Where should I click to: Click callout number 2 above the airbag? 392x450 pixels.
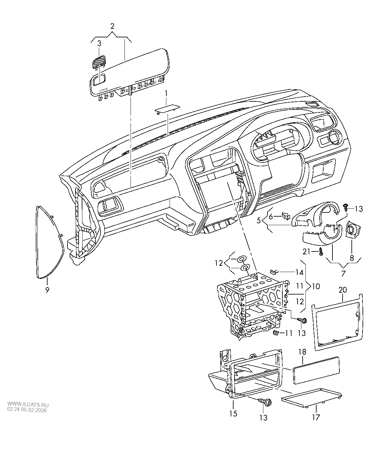112,26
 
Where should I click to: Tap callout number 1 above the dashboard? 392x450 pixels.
166,94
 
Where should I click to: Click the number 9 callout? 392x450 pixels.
47,289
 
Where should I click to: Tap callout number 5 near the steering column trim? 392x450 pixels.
259,220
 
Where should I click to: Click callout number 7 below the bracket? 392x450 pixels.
343,273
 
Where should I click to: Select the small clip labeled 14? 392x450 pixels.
274,271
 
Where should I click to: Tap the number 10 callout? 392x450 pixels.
316,286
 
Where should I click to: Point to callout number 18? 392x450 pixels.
303,352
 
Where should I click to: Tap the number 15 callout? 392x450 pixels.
233,414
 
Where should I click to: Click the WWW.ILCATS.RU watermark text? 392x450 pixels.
28,404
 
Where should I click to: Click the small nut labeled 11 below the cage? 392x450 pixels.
276,332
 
